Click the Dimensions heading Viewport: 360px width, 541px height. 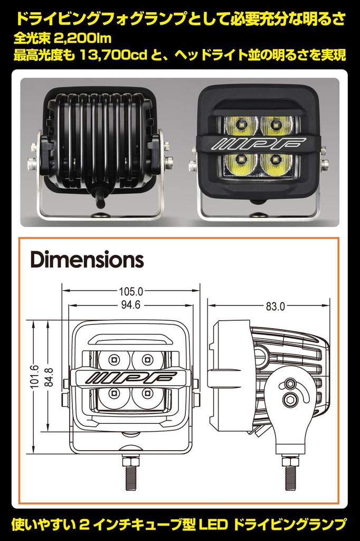pyautogui.click(x=87, y=260)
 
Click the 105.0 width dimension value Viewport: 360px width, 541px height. pyautogui.click(x=131, y=291)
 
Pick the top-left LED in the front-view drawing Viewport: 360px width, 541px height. pyautogui.click(x=113, y=360)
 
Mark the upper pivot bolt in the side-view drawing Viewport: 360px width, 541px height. pyautogui.click(x=289, y=384)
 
